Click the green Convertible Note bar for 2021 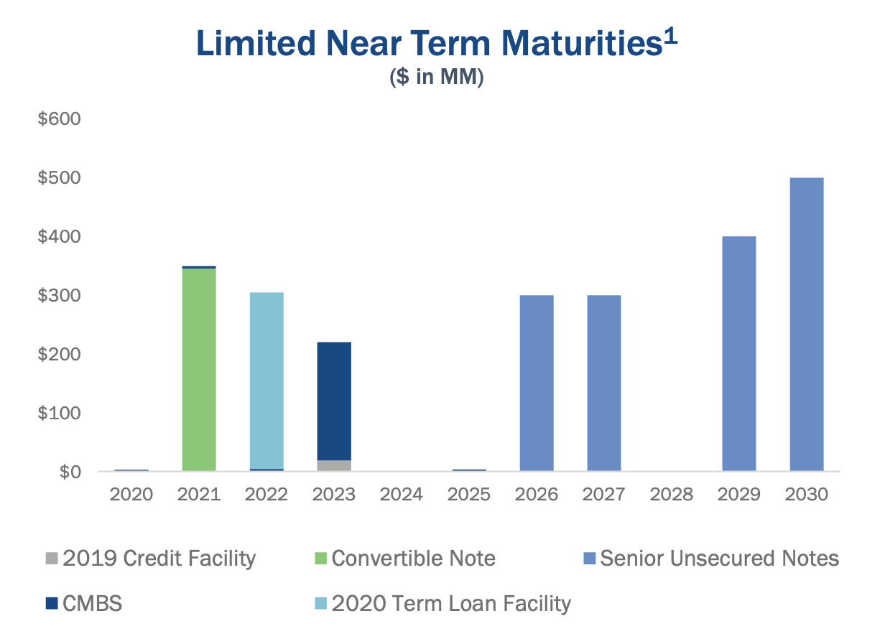click(x=199, y=369)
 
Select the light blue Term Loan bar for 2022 click(x=267, y=381)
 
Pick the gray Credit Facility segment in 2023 click(x=334, y=465)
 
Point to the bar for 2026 click(x=537, y=383)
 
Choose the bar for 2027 click(x=604, y=383)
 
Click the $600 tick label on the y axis click(x=60, y=118)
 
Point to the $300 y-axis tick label click(x=60, y=296)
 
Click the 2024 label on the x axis click(x=402, y=495)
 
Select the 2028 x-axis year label click(x=672, y=495)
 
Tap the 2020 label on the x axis click(x=131, y=495)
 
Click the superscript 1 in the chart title click(x=669, y=37)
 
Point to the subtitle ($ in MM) click(x=437, y=78)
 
